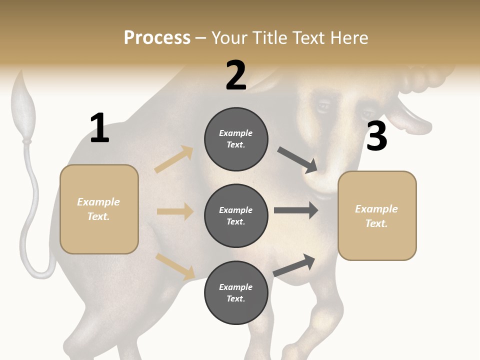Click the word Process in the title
[x=157, y=38]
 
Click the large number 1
[x=99, y=128]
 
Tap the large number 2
[x=236, y=75]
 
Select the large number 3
[x=376, y=136]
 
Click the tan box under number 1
[x=99, y=209]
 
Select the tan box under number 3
[x=377, y=216]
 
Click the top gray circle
[x=236, y=139]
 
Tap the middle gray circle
[x=236, y=216]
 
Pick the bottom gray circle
[x=236, y=293]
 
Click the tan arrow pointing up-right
[x=174, y=159]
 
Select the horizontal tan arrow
[x=175, y=211]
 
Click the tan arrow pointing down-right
[x=175, y=266]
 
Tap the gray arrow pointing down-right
[x=298, y=160]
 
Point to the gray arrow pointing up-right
[x=294, y=265]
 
